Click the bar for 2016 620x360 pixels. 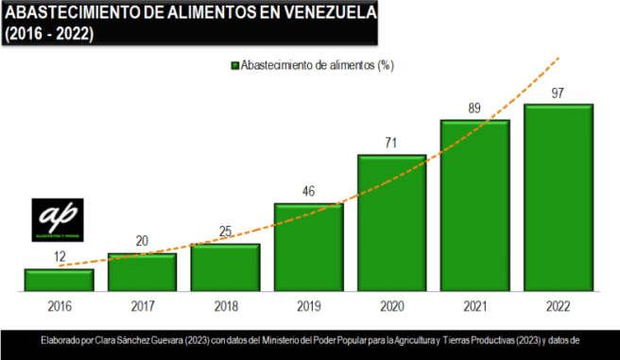(x=59, y=280)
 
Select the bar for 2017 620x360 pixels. (x=142, y=272)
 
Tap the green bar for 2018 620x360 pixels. (x=225, y=267)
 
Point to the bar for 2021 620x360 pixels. (x=474, y=206)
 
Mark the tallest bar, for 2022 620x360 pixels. (x=558, y=198)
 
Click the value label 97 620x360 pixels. (x=558, y=93)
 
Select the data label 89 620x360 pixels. (x=474, y=109)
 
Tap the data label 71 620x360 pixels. (x=391, y=143)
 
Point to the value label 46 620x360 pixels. (x=308, y=191)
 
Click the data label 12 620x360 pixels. (x=59, y=257)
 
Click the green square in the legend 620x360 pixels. (x=233, y=65)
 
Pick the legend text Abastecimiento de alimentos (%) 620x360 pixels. (x=318, y=65)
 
